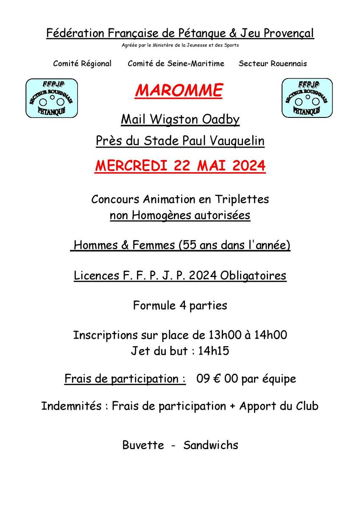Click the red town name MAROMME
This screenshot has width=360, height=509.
[179, 90]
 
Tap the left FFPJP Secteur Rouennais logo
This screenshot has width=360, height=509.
[52, 98]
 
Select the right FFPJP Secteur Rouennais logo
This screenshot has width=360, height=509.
[307, 98]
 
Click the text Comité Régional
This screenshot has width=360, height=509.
[82, 64]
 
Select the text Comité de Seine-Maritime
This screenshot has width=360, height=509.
[176, 64]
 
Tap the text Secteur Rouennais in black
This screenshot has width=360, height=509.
[273, 64]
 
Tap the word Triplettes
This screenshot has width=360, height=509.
[242, 199]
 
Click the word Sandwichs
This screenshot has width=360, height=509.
[211, 445]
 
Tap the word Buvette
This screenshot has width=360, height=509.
[143, 445]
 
